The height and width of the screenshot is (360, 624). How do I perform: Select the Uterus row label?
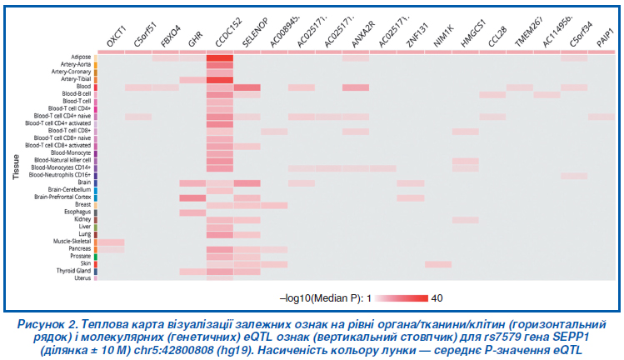[x=82, y=278]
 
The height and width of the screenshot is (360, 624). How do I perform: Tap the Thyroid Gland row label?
[x=74, y=271]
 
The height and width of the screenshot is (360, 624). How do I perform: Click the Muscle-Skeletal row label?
[x=71, y=242]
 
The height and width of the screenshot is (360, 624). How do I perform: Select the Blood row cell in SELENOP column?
[x=247, y=87]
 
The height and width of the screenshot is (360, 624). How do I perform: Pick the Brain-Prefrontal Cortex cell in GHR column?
[x=192, y=197]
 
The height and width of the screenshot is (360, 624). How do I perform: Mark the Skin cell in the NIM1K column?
[x=438, y=263]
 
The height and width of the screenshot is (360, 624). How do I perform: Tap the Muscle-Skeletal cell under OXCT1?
[x=112, y=242]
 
